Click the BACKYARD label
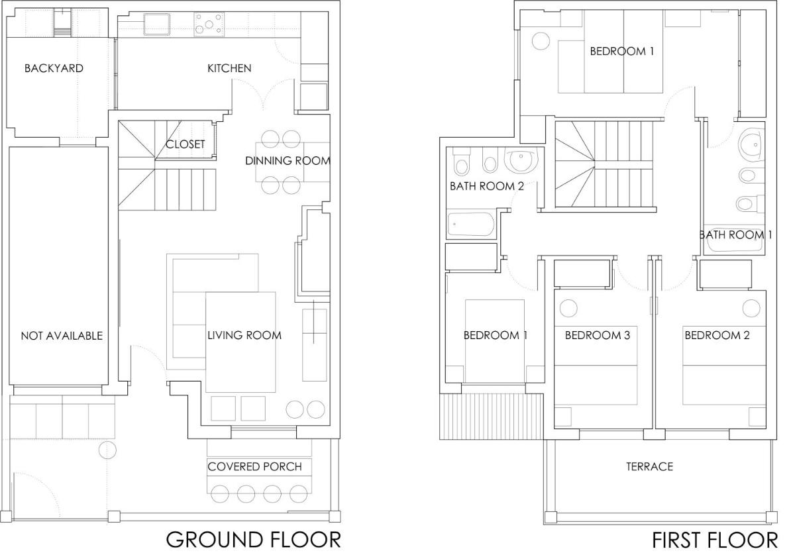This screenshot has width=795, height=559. point(54,68)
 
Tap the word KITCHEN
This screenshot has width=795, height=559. point(229,68)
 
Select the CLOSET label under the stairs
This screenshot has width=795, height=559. point(185,144)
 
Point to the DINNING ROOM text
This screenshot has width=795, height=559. point(288,161)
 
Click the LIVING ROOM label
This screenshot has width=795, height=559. point(244,335)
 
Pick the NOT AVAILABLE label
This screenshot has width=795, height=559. point(62,335)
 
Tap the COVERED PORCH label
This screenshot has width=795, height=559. point(255,466)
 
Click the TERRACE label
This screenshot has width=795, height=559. point(649,466)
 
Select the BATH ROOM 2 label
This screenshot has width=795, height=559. point(487,186)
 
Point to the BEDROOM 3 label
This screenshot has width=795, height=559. point(598,335)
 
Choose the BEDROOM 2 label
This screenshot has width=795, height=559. point(717,335)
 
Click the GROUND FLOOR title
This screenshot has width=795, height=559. point(253,540)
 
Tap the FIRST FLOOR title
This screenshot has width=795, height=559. point(715,540)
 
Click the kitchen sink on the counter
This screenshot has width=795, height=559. point(156,24)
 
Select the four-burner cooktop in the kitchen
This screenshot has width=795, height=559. point(209,24)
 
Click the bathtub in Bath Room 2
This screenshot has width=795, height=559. point(470,225)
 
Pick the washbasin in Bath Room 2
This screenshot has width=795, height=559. point(521,161)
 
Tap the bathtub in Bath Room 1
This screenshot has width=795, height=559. point(734,240)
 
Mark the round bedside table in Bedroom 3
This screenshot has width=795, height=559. point(568,308)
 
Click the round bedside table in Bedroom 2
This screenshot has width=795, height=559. point(751,308)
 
